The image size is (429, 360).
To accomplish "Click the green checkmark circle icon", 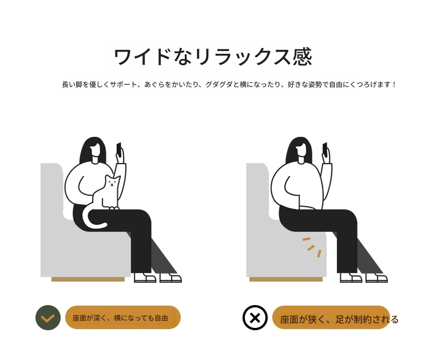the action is point(48,318).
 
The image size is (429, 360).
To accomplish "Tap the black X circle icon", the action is point(255,318).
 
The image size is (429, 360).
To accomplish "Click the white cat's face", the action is point(112,183).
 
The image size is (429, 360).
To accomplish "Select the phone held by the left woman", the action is point(119,149).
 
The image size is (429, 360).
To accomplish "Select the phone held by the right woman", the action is point(325,149).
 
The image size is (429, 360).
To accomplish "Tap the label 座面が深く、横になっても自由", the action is point(120,318).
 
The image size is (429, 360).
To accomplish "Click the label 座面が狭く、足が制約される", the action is point(339,319).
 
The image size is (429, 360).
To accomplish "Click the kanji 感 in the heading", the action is point(302,57).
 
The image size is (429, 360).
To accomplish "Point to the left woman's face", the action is point(95,150).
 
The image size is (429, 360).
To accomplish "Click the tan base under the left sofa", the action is point(88,279).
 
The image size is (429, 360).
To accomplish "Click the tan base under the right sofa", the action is point(286,279).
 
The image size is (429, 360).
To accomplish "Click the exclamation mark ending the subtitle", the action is point(394,84).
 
